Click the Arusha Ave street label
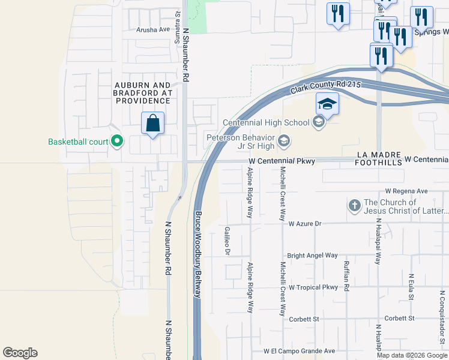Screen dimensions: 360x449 (153, 29)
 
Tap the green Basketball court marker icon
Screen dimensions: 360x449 (117, 142)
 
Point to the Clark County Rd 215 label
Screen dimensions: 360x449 (325, 88)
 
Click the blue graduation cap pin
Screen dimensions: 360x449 (328, 104)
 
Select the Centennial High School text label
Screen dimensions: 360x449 (266, 122)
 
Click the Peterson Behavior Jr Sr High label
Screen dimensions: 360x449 (241, 141)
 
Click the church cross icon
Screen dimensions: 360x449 (354, 206)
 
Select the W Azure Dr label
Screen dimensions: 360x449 (305, 223)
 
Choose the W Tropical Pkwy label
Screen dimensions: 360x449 (313, 287)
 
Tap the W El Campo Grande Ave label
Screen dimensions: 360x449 (299, 351)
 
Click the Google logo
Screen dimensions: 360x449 (20, 353)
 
